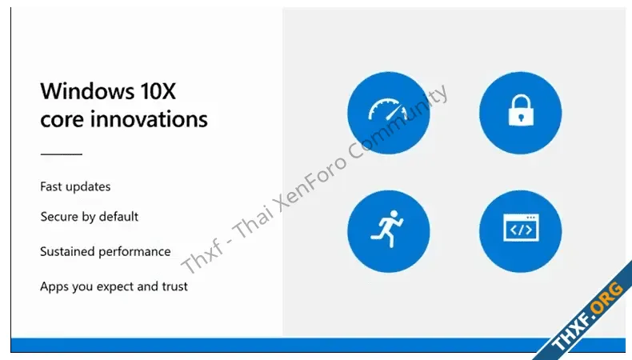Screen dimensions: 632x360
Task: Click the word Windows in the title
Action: coord(87,91)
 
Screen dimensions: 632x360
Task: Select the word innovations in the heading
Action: coord(149,119)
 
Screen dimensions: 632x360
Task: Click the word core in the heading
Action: coord(62,120)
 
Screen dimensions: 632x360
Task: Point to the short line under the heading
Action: coord(62,154)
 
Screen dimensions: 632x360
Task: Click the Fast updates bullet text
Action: coord(75,186)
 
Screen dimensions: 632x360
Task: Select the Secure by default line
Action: coord(90,217)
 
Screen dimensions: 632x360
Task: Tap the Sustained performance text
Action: coord(106,251)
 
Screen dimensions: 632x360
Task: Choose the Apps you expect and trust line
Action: coord(114,286)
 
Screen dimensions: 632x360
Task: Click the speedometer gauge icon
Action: coord(388,110)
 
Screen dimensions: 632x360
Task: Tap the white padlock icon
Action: coord(521,110)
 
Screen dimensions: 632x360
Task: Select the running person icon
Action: coord(387,229)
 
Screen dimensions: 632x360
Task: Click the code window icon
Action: coord(521,228)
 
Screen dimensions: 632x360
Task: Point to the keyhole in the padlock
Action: coord(521,118)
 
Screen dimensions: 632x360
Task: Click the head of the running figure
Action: coord(394,214)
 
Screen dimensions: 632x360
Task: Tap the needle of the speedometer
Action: coord(394,113)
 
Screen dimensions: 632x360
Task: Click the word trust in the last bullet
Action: coord(175,286)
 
